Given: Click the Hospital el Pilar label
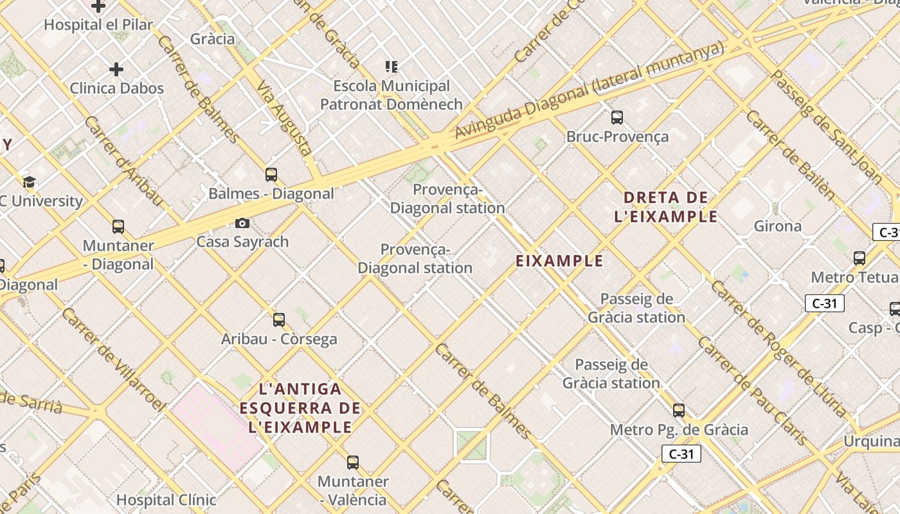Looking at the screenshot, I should [98, 25].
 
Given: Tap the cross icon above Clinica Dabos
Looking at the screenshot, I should [116, 69].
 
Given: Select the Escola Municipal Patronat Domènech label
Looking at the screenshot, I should [391, 95].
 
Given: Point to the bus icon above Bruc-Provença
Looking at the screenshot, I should [617, 118].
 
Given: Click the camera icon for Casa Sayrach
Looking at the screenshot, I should [242, 223].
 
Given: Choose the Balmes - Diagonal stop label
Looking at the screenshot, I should [271, 193].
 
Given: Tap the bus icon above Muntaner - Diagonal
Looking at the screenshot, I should [118, 227].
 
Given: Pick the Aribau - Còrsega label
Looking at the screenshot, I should [279, 339].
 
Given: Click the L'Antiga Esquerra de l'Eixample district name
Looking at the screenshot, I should [300, 408].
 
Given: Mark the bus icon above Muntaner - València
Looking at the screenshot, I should [353, 462].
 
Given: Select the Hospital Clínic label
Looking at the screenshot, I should [166, 499].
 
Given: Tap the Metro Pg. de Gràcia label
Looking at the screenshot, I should [679, 429].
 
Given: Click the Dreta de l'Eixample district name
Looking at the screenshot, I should [665, 207].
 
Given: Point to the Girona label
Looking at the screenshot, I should [778, 226].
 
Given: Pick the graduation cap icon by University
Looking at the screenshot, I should [29, 182].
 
